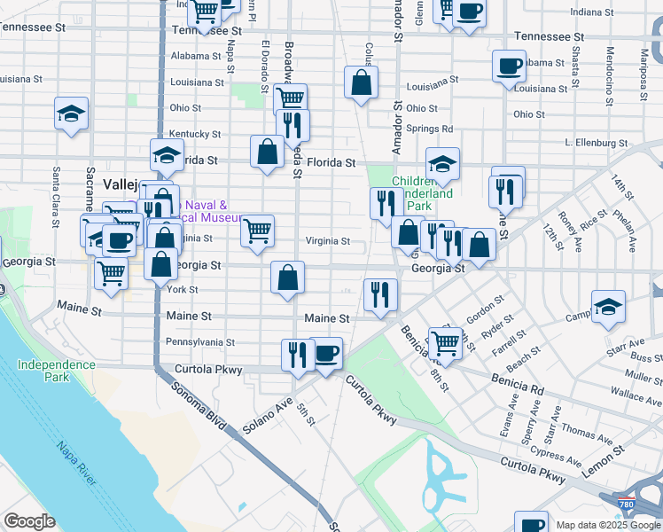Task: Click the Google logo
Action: tap(29, 521)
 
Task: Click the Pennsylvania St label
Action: tap(199, 341)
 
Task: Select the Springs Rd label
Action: tap(430, 129)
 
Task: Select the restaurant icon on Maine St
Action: tap(380, 293)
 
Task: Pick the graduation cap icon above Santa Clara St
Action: tap(71, 113)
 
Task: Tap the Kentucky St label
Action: tap(195, 134)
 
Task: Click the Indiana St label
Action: tap(592, 12)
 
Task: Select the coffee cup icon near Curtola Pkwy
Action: tap(326, 353)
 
